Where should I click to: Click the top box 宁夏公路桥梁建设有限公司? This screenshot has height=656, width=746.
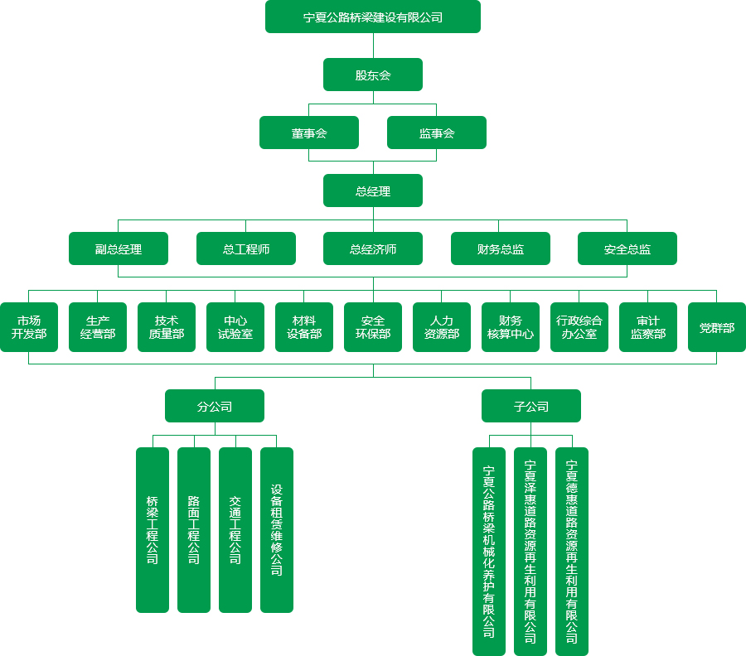[x=372, y=17]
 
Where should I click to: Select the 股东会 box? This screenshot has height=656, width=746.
[x=372, y=75]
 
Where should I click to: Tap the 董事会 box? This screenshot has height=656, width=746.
[x=308, y=133]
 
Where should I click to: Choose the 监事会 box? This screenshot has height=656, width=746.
[x=436, y=133]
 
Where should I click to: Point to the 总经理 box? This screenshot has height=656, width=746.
[x=372, y=191]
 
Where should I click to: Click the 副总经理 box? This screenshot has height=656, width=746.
[x=118, y=248]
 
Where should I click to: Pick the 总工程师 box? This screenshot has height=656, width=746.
[x=245, y=248]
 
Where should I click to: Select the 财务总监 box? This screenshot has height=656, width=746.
[x=500, y=248]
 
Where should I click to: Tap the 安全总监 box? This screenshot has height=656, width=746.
[x=627, y=248]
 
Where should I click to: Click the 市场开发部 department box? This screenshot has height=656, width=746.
[x=28, y=327]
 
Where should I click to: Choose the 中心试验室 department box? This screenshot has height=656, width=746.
[x=235, y=327]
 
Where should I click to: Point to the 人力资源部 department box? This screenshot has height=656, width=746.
[x=441, y=327]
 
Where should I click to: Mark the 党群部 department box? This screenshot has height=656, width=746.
[x=716, y=327]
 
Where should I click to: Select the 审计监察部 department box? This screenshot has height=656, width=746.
[x=647, y=327]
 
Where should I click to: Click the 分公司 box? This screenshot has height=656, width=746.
[x=214, y=406]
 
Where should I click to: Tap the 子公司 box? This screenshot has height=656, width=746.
[x=530, y=406]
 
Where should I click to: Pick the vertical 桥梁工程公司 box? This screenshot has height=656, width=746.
[x=152, y=530]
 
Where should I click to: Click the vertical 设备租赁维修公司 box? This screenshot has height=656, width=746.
[x=276, y=530]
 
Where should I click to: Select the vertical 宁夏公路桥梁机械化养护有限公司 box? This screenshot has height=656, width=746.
[x=488, y=551]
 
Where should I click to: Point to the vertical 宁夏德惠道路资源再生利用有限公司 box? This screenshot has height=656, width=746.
[x=571, y=551]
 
